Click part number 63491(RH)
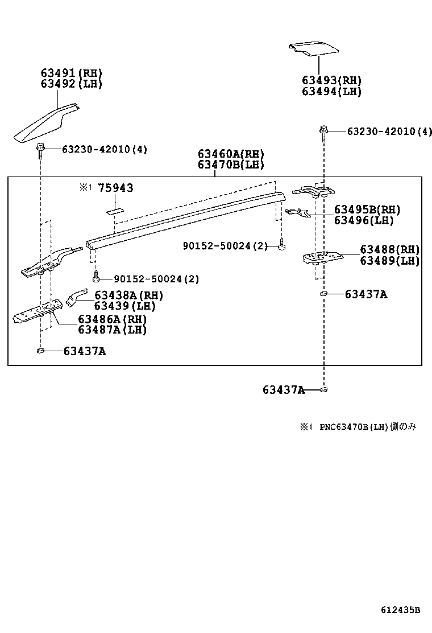pos(71,73)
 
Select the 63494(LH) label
pos(331,91)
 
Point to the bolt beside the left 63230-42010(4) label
pos(41,149)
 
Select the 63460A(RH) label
pos(231,154)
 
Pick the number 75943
pos(115,188)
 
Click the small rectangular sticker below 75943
pos(115,209)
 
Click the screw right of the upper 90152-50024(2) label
pos(281,246)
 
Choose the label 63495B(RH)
pos(368,209)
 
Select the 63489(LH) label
pos(389,261)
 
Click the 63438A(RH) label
pos(128,295)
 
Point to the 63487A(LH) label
pos(112,329)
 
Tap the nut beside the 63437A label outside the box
pos(323,390)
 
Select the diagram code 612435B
pos(400,610)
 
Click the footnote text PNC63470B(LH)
pos(352,426)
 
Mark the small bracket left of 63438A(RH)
pos(74,297)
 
